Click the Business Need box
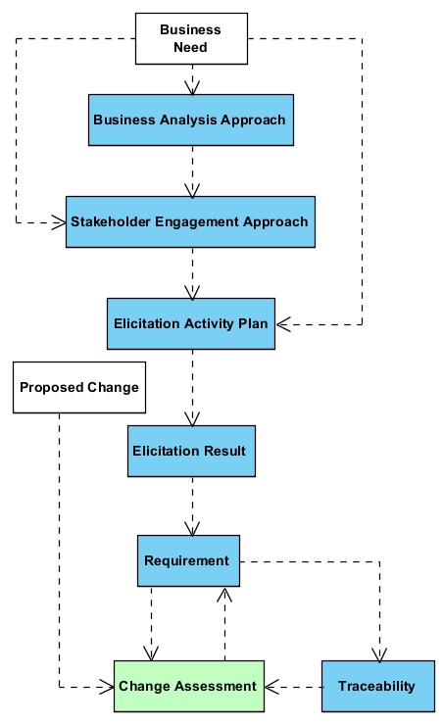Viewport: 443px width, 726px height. (x=191, y=38)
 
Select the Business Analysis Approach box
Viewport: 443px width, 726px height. (x=191, y=120)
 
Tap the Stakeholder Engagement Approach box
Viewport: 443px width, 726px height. (x=190, y=221)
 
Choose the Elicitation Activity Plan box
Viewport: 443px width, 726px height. (x=191, y=323)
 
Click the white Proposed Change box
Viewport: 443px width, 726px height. (x=79, y=388)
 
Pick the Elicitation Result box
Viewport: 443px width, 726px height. (x=191, y=451)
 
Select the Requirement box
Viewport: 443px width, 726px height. (x=188, y=560)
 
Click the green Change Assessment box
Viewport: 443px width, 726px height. (x=189, y=686)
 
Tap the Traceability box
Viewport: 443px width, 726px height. (x=378, y=686)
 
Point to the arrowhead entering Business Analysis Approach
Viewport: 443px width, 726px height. (x=192, y=88)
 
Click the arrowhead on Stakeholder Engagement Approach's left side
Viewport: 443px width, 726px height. (x=59, y=222)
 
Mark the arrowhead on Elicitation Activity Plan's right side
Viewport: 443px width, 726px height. (x=283, y=324)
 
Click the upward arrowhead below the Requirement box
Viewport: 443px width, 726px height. (x=224, y=595)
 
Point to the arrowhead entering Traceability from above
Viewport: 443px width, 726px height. (x=379, y=654)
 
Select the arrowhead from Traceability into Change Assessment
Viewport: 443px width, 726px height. (x=272, y=687)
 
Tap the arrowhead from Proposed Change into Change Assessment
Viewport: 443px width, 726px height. (x=107, y=687)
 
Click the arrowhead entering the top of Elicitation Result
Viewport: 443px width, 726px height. (x=192, y=419)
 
